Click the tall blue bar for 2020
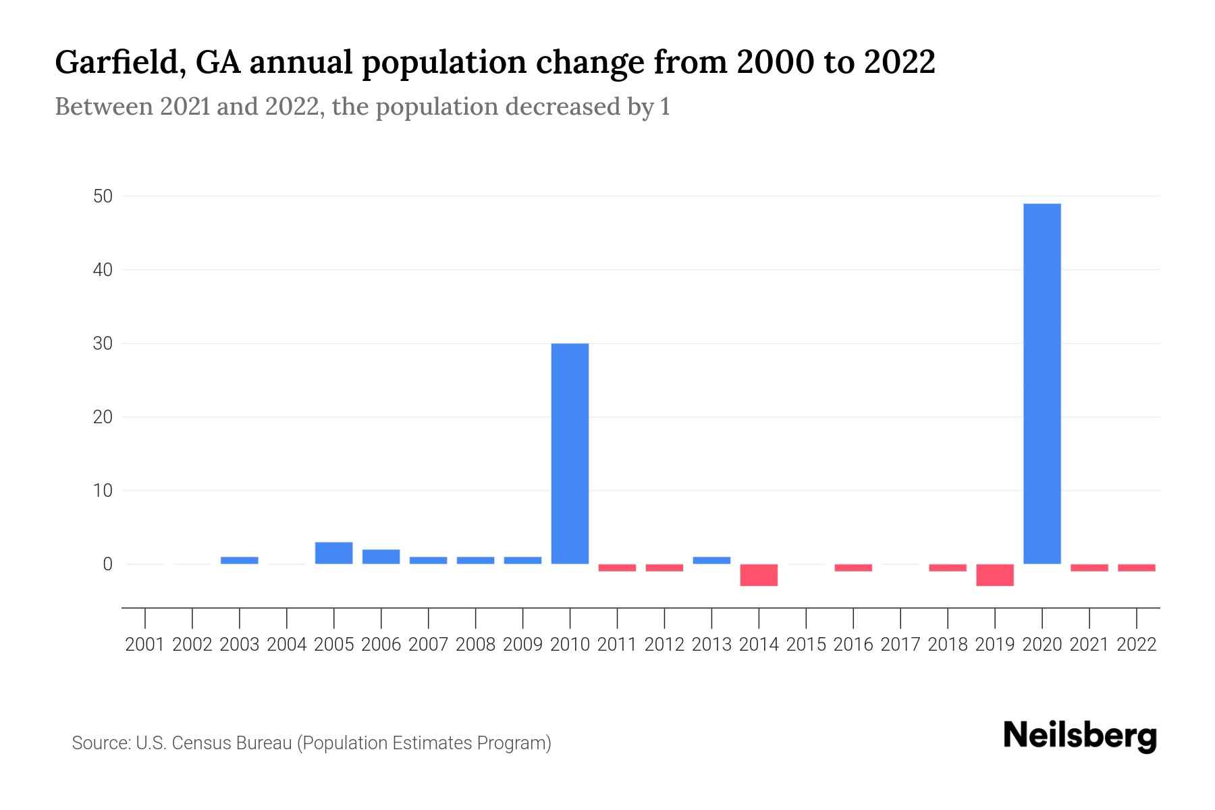tap(1042, 383)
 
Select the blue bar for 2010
tap(570, 454)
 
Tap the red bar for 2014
tap(759, 575)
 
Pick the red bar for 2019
tap(994, 575)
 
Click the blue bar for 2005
tap(333, 553)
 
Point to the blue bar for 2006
tap(381, 557)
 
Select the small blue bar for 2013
tap(711, 560)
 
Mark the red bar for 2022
tap(1136, 568)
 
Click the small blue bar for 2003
tap(240, 560)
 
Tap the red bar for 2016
tap(853, 568)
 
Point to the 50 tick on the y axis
tap(103, 196)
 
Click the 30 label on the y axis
tap(103, 344)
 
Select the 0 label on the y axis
tap(107, 564)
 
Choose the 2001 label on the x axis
tap(145, 645)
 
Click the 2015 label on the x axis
tap(806, 645)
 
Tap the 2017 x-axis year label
tap(900, 645)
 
